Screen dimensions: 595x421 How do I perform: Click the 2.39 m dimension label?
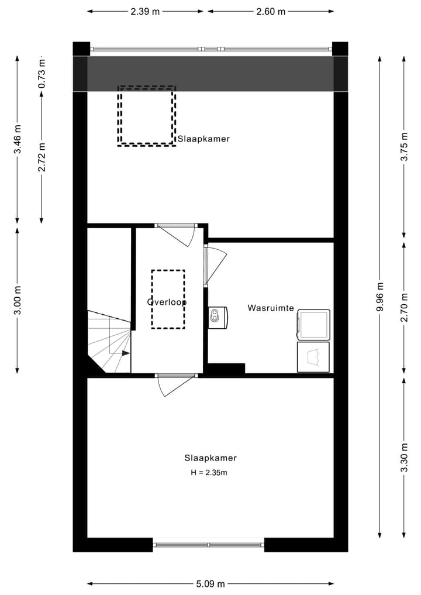pyautogui.click(x=146, y=11)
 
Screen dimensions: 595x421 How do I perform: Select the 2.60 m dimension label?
pyautogui.click(x=271, y=11)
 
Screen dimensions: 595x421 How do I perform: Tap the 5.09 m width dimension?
pyautogui.click(x=210, y=583)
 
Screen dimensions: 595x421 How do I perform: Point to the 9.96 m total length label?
pyautogui.click(x=381, y=298)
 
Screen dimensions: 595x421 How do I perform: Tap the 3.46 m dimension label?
pyautogui.click(x=18, y=140)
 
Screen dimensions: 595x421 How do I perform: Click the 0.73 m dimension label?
pyautogui.click(x=42, y=74)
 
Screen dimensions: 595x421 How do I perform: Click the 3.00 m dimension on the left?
pyautogui.click(x=18, y=300)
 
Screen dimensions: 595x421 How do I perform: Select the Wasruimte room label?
pyautogui.click(x=270, y=308)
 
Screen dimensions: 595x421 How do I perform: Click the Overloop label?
pyautogui.click(x=167, y=302)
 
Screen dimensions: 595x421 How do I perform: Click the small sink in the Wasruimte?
pyautogui.click(x=218, y=317)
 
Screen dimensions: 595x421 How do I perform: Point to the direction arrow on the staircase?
pyautogui.click(x=125, y=353)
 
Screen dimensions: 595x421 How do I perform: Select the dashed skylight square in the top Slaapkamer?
pyautogui.click(x=146, y=116)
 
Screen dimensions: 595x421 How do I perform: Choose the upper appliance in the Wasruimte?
pyautogui.click(x=313, y=324)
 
